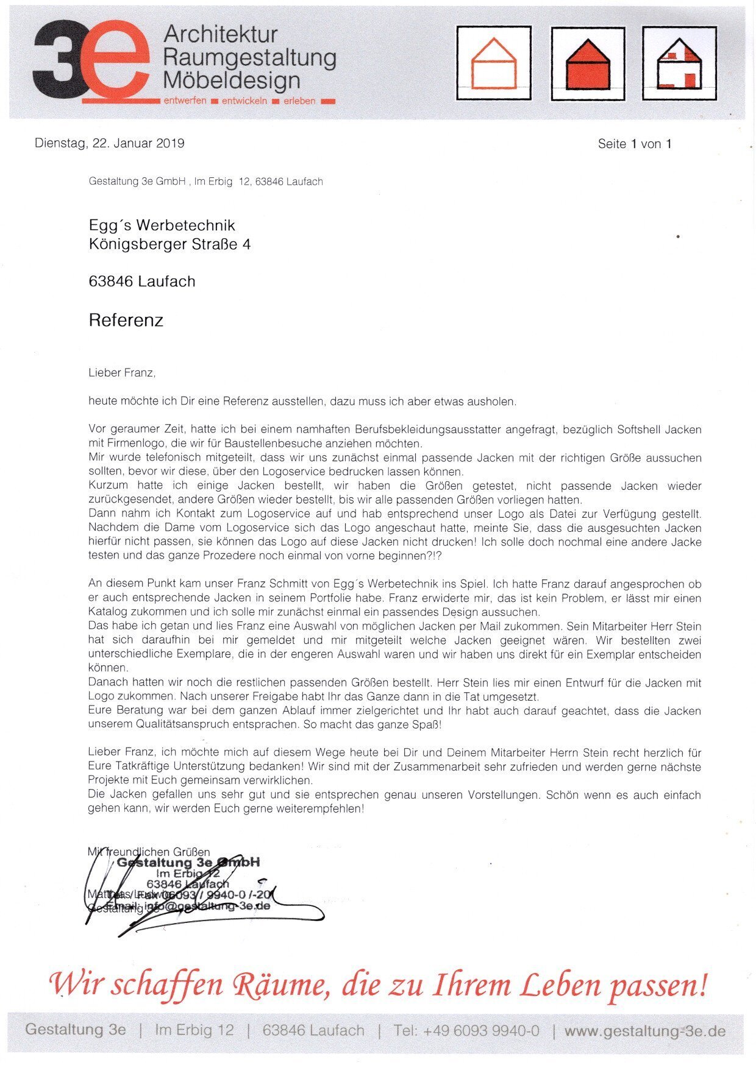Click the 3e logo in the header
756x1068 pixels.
[x=91, y=61]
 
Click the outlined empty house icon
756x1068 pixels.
[x=494, y=63]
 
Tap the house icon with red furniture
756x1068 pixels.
[x=679, y=63]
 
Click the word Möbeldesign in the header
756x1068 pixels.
[x=232, y=80]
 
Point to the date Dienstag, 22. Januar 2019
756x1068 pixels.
[x=110, y=143]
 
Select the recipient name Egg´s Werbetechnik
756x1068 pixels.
[x=162, y=225]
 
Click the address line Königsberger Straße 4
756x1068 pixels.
[x=169, y=244]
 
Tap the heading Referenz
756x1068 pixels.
[x=126, y=320]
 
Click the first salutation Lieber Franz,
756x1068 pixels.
[x=122, y=373]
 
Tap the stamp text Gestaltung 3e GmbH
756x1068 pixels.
[x=188, y=863]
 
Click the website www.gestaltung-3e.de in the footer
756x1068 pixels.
[x=644, y=1031]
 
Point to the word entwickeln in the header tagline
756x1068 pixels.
[x=244, y=101]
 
